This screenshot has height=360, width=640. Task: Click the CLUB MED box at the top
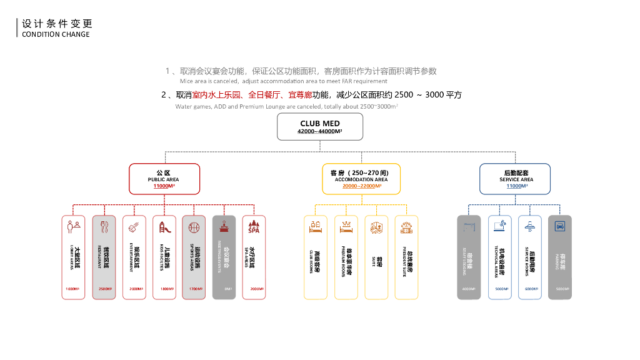click(319, 127)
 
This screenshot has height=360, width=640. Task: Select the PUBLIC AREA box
click(164, 179)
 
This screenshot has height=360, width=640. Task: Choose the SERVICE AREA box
click(516, 179)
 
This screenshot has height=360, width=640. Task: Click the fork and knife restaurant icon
click(104, 227)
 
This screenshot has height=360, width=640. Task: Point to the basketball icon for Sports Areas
click(194, 227)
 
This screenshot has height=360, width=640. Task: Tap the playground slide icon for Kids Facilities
click(164, 227)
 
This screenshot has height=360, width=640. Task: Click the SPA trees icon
click(254, 227)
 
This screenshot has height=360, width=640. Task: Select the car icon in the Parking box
click(559, 226)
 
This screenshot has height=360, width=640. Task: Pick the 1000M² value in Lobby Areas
click(74, 289)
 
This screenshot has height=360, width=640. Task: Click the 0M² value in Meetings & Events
click(224, 289)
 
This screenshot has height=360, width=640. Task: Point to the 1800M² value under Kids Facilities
click(164, 289)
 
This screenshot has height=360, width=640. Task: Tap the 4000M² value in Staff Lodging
click(469, 289)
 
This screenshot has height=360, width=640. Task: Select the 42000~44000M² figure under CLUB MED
click(319, 132)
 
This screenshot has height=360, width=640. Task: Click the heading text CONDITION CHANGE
click(56, 34)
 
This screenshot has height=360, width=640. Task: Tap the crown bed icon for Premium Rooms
click(346, 226)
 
